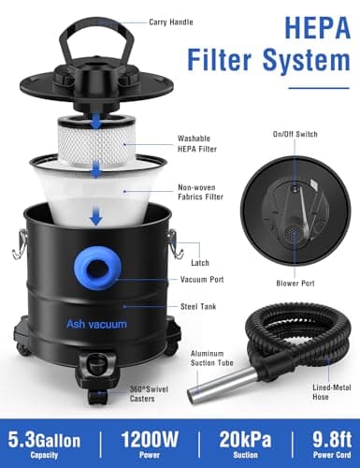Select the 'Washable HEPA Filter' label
199,144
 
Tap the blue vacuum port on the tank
101,271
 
